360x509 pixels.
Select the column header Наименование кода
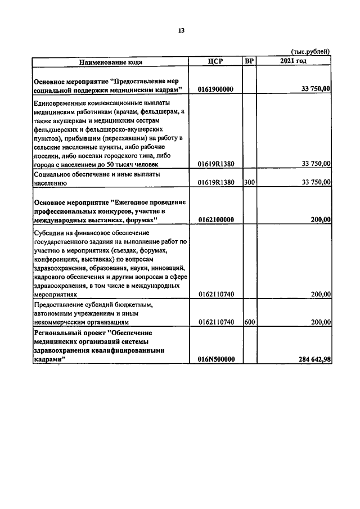(110, 61)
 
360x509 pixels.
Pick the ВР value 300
(249, 182)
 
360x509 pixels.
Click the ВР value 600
(249, 322)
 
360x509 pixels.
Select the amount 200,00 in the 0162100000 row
(321, 219)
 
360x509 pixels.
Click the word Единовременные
(62, 103)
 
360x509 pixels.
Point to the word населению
(51, 183)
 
